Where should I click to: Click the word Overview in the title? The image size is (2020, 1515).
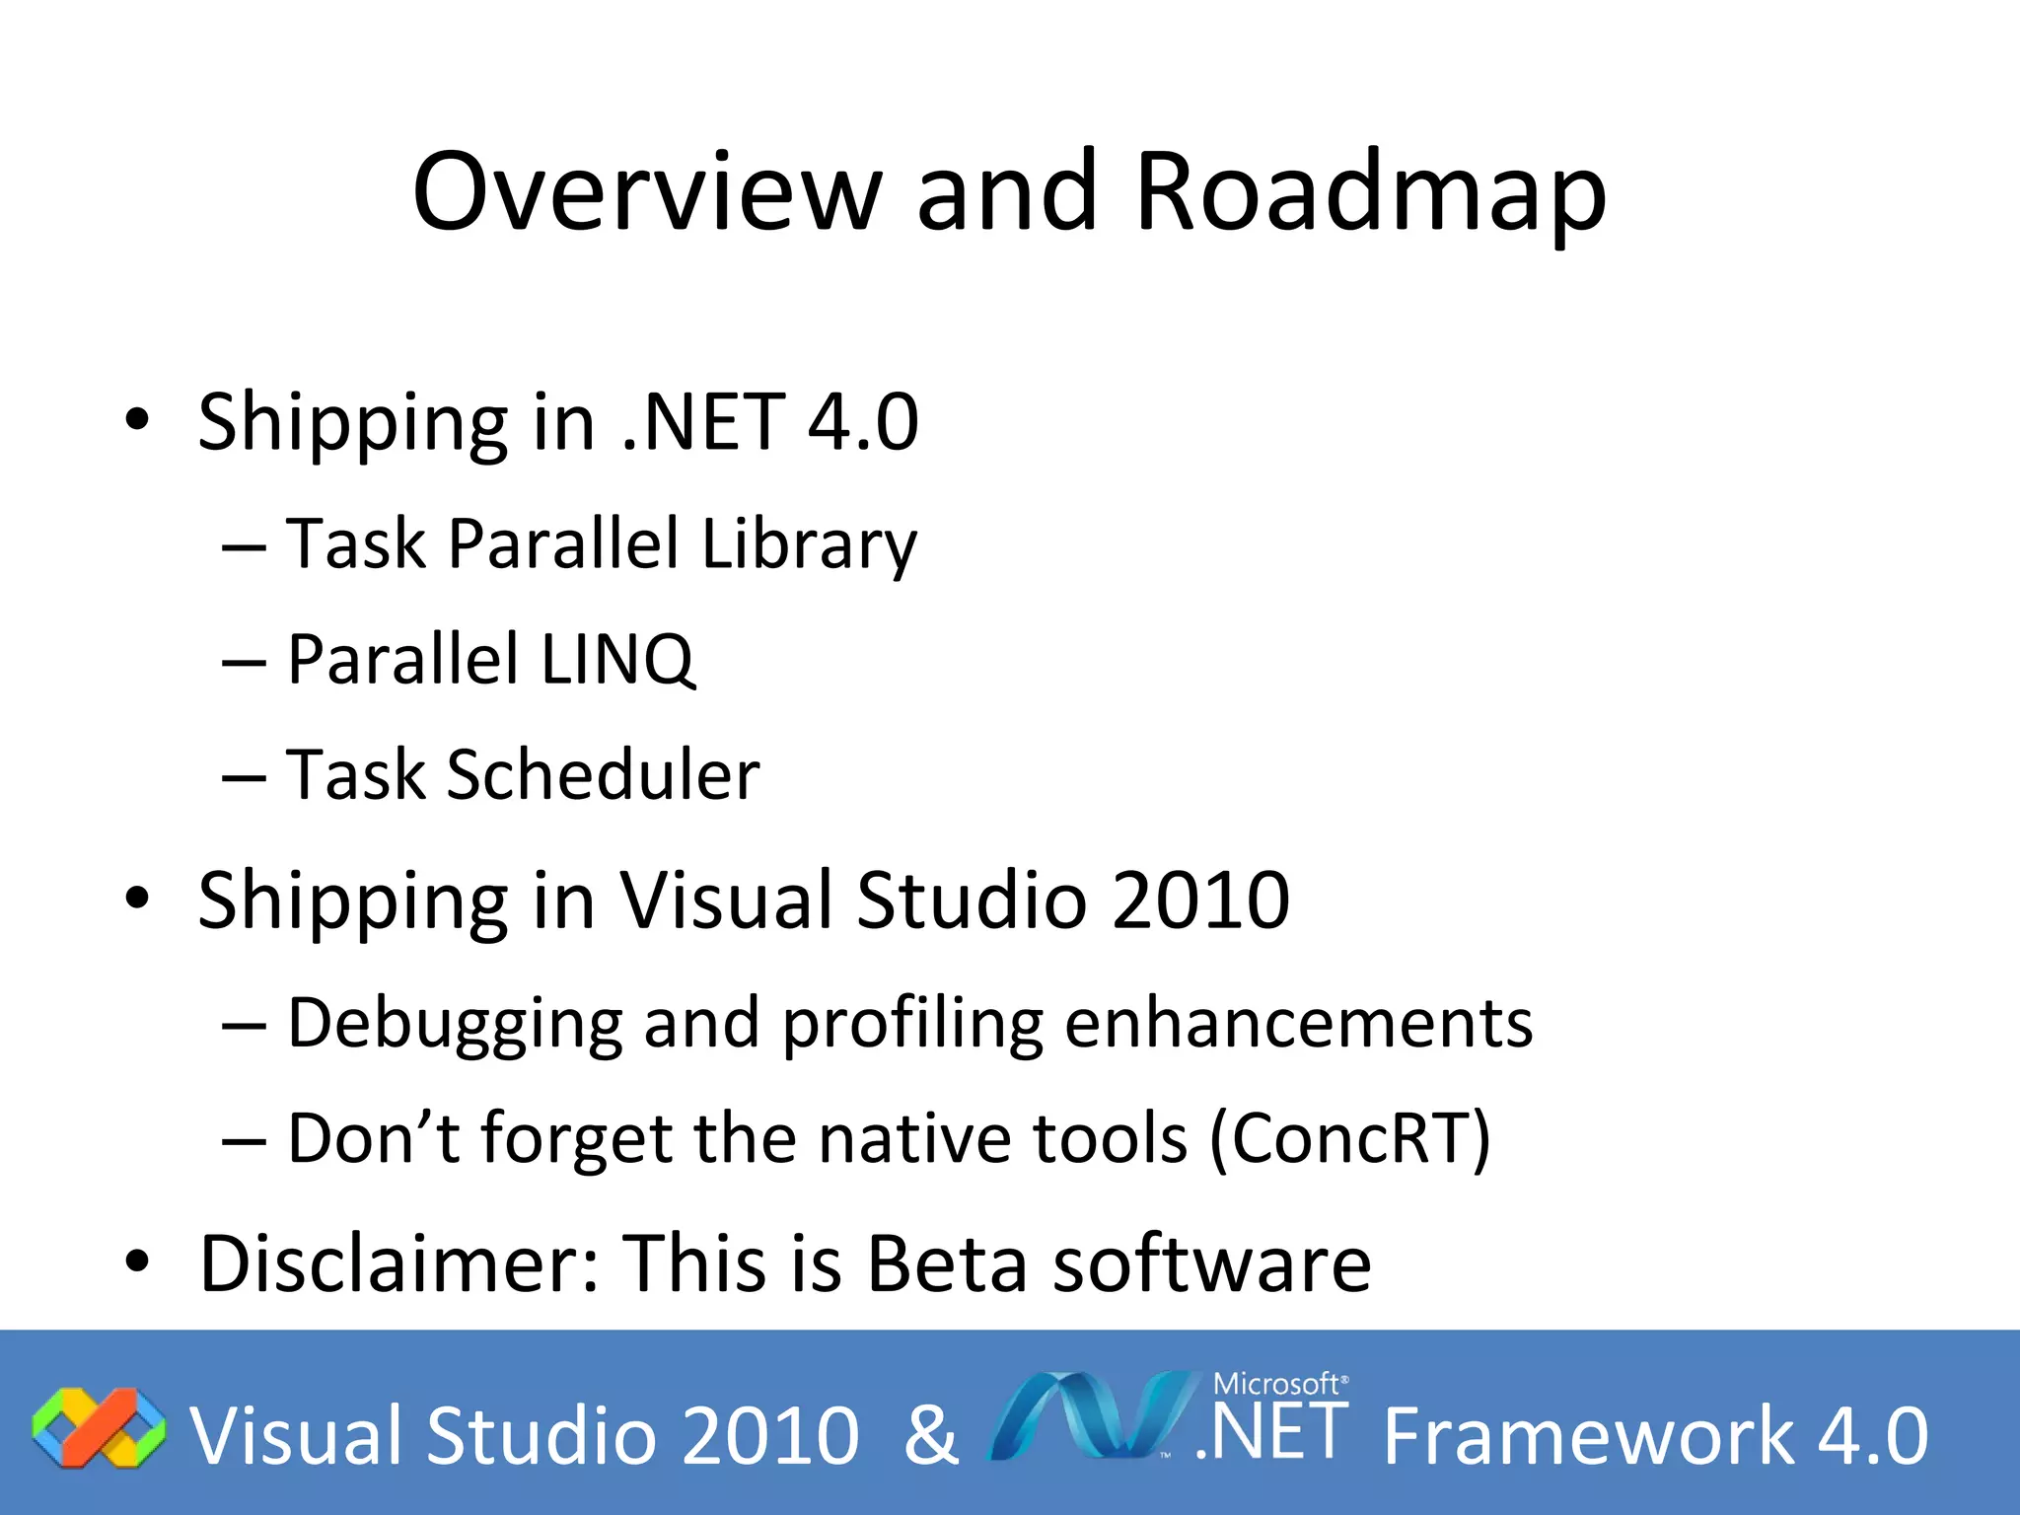pyautogui.click(x=646, y=192)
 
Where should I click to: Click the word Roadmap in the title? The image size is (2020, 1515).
pyautogui.click(x=1371, y=192)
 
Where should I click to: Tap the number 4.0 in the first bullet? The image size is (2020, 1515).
pyautogui.click(x=863, y=422)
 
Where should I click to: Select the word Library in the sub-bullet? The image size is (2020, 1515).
pyautogui.click(x=809, y=544)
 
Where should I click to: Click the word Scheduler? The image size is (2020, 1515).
pyautogui.click(x=603, y=775)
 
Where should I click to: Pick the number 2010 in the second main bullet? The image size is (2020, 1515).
pyautogui.click(x=1200, y=900)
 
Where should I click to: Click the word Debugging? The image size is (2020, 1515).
pyautogui.click(x=455, y=1024)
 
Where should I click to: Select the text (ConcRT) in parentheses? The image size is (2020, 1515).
pyautogui.click(x=1350, y=1139)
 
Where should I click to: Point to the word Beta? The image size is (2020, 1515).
pyautogui.click(x=946, y=1263)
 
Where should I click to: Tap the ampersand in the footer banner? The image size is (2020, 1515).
pyautogui.click(x=930, y=1434)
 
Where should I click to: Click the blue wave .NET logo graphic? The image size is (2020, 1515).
pyautogui.click(x=1090, y=1416)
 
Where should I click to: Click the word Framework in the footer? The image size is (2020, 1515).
pyautogui.click(x=1588, y=1436)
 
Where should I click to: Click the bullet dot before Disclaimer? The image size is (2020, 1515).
pyautogui.click(x=137, y=1262)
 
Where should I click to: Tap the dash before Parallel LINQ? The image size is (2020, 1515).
pyautogui.click(x=244, y=662)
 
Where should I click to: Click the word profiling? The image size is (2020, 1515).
pyautogui.click(x=912, y=1024)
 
